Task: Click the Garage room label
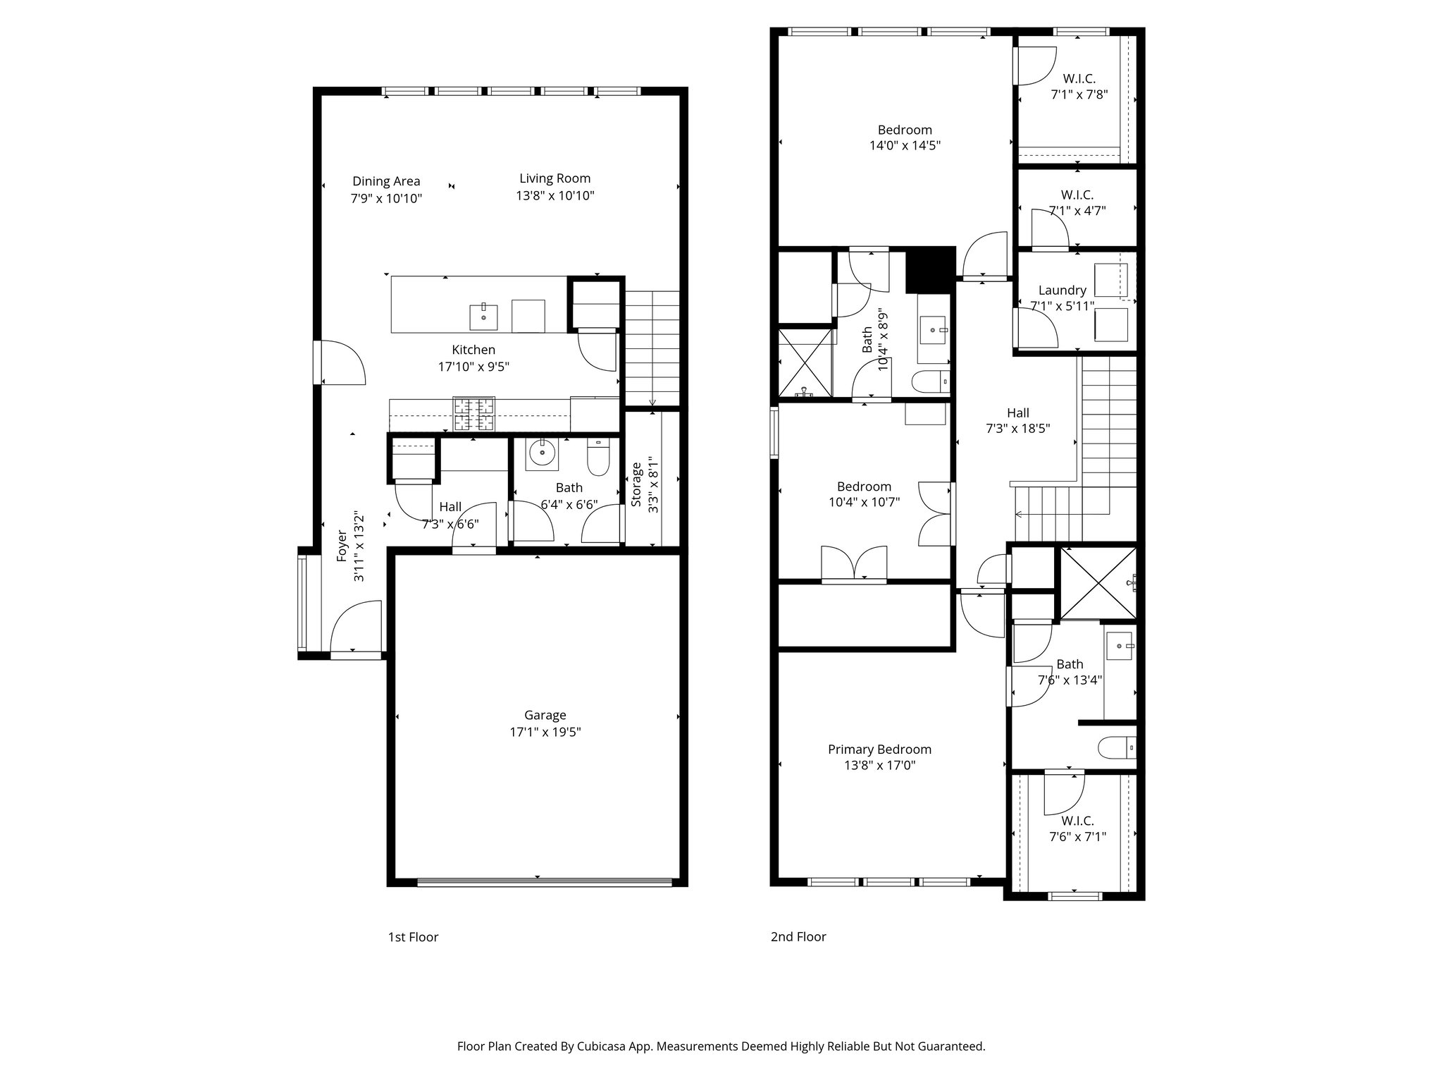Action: tap(545, 715)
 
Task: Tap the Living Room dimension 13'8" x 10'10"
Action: tap(555, 196)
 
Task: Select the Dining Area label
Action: tap(386, 181)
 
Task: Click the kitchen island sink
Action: tap(484, 317)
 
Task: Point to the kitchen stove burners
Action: tap(473, 415)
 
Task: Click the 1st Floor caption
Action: tap(413, 937)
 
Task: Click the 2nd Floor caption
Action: tap(798, 937)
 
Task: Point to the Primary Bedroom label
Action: tap(879, 749)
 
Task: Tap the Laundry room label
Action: tap(1062, 290)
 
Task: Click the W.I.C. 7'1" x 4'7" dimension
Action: tap(1077, 211)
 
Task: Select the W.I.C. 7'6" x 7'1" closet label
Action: tap(1077, 821)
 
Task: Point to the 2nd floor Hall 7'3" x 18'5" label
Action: tap(1017, 413)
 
